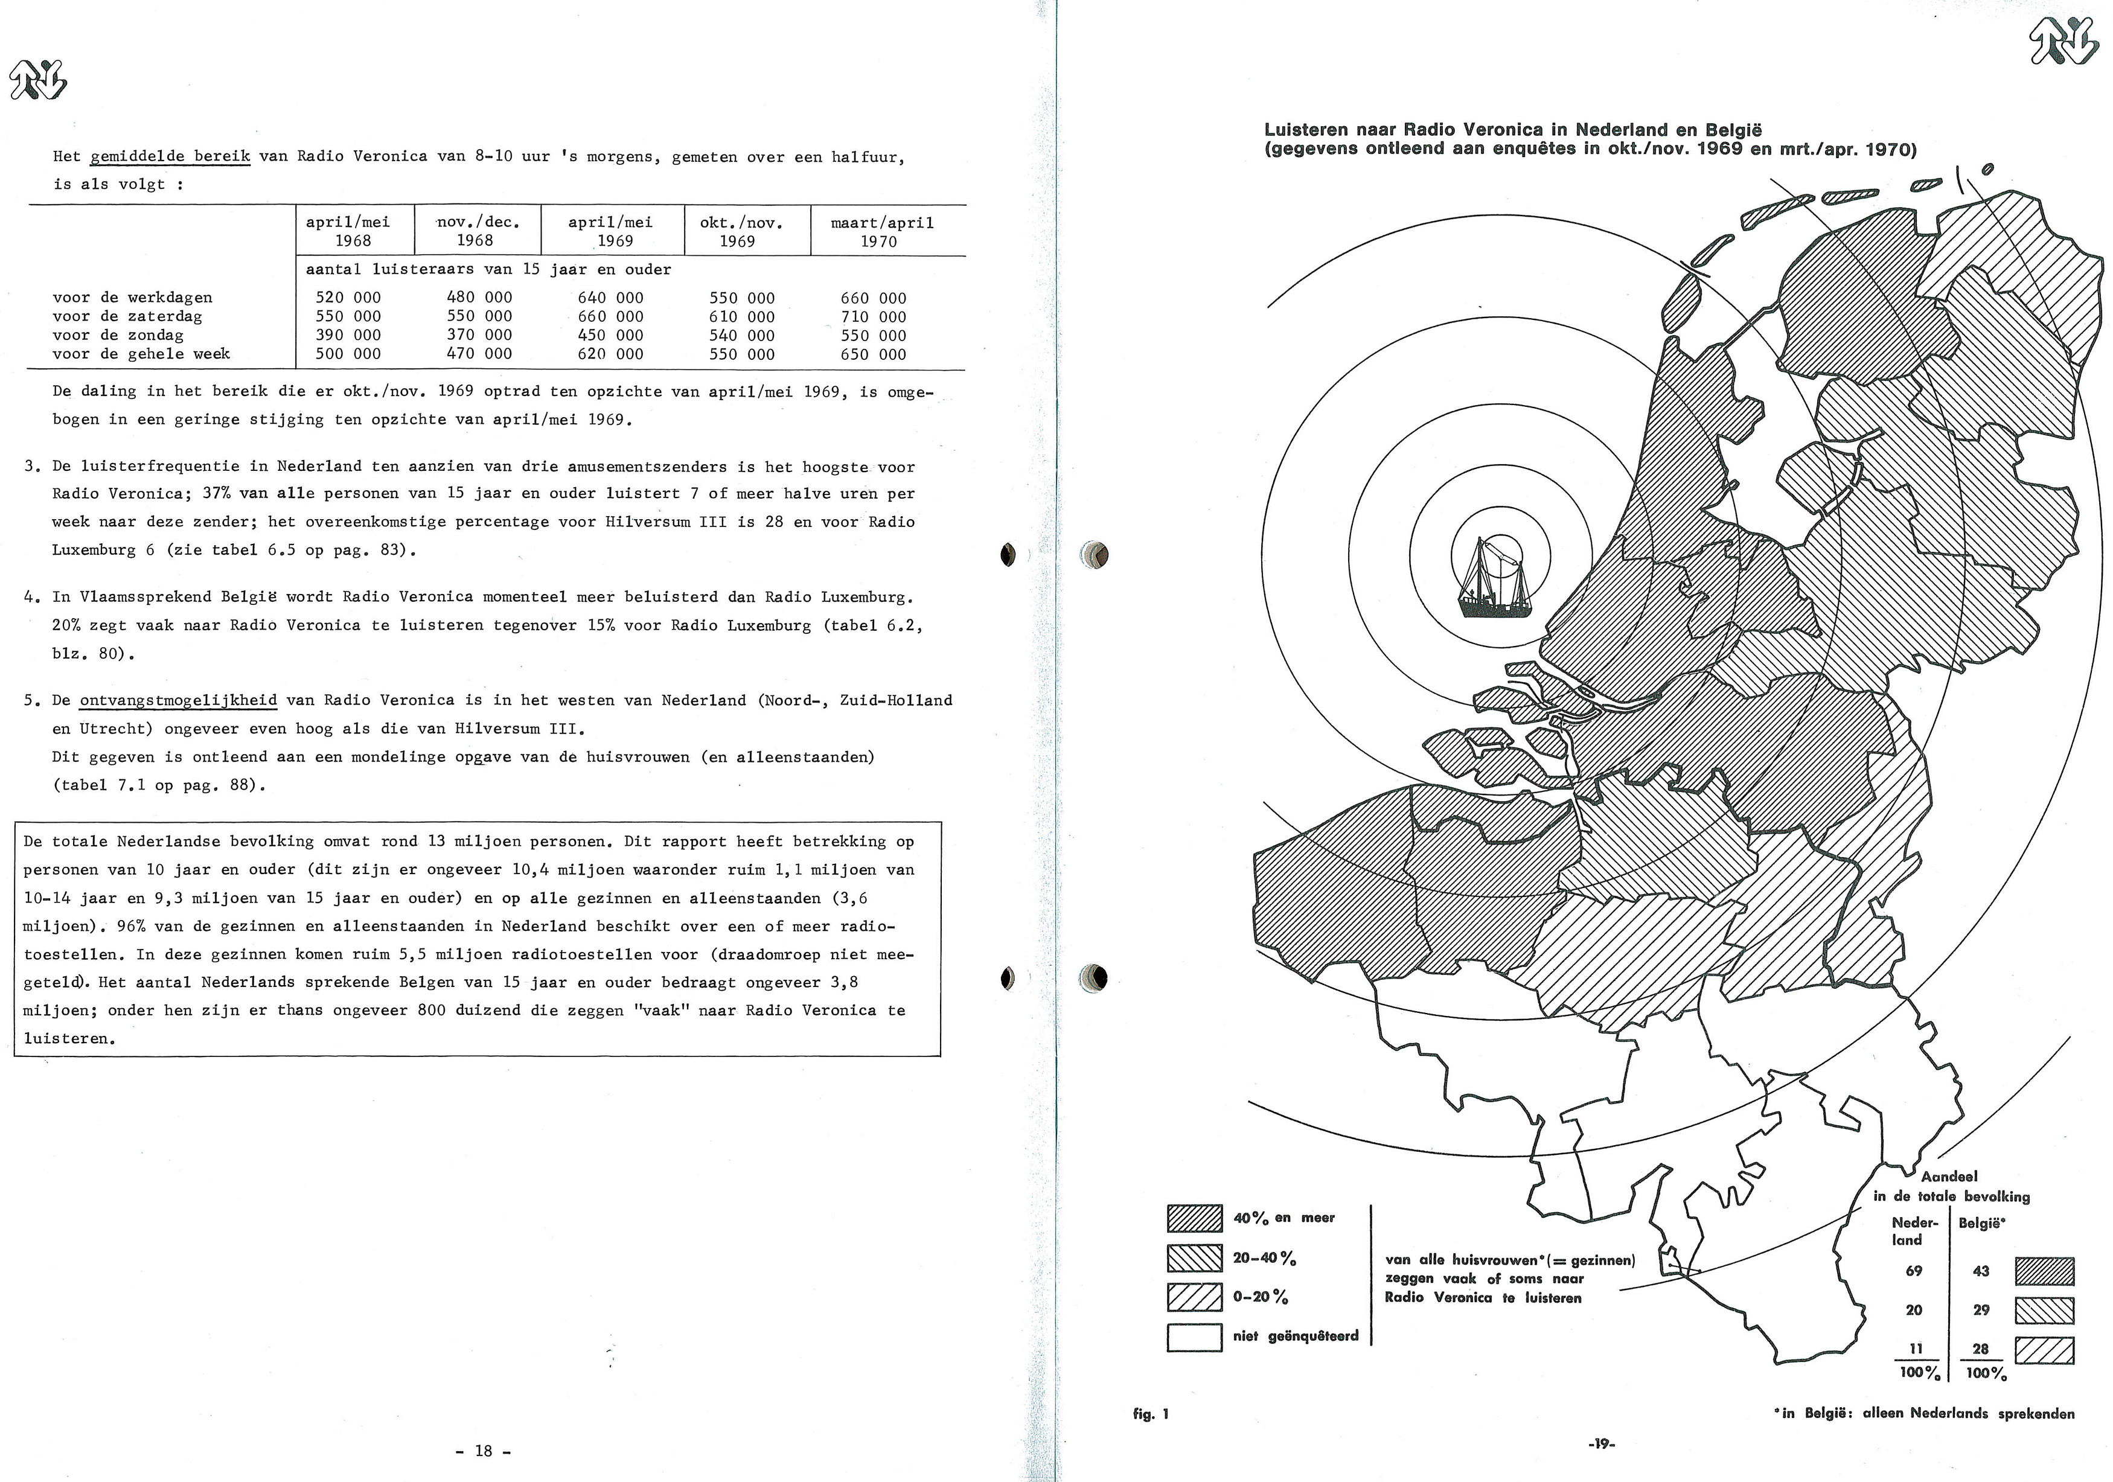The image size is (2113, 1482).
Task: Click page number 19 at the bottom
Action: (1601, 1444)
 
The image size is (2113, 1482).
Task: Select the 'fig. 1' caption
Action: (1150, 1414)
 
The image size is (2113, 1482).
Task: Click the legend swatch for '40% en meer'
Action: (1194, 1218)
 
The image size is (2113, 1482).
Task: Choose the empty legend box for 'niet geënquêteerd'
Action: (1194, 1337)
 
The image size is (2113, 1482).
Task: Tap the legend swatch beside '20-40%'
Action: (1194, 1257)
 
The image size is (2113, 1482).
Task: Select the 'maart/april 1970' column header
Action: (881, 231)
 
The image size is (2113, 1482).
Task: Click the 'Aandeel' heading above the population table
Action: (1949, 1177)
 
